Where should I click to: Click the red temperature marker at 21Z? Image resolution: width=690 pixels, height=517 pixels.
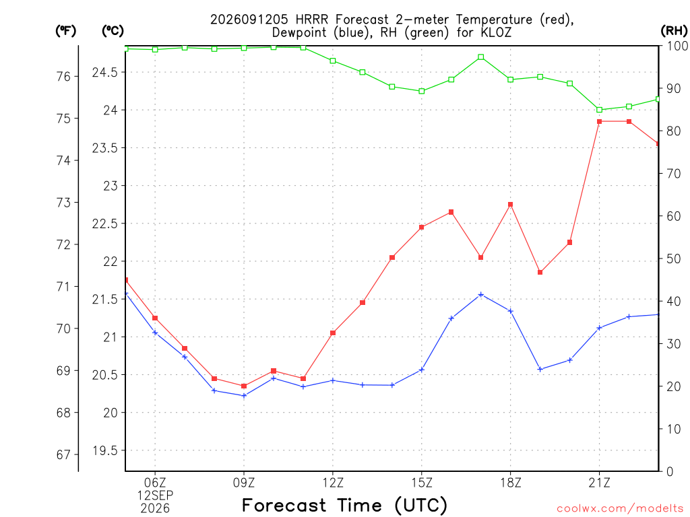coord(599,121)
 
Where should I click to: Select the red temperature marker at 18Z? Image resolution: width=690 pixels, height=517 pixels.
coord(511,205)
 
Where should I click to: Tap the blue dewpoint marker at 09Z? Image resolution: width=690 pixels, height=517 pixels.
coord(244,396)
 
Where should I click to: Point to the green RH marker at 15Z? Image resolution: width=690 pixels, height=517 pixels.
coord(422,91)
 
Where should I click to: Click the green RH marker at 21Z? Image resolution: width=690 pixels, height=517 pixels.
coord(599,110)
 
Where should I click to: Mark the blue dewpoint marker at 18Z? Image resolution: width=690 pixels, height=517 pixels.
coord(511,311)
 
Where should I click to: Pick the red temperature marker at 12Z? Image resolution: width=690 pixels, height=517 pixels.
coord(333,333)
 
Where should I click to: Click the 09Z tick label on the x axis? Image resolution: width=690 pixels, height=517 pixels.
coord(244,483)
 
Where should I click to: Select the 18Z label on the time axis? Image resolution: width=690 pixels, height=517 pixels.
coord(511,483)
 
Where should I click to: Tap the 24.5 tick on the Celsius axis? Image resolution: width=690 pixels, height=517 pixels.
coord(105,72)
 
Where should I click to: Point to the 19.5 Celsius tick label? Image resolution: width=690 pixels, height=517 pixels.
coord(105,450)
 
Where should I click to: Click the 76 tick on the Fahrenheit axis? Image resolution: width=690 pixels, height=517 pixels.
coord(63,77)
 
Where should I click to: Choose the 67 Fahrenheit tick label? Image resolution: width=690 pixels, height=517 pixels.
coord(63,454)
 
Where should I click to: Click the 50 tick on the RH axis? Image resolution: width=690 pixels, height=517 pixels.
coord(673,258)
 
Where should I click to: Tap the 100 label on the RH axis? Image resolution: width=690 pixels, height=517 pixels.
coord(677,46)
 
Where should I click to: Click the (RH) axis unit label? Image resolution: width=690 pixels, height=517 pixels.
coord(674,31)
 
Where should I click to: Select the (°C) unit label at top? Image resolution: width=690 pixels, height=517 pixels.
coord(113,31)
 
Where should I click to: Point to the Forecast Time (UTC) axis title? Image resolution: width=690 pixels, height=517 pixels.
coord(344,506)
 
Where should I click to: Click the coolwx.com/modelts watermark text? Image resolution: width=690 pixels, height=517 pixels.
coord(620,508)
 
